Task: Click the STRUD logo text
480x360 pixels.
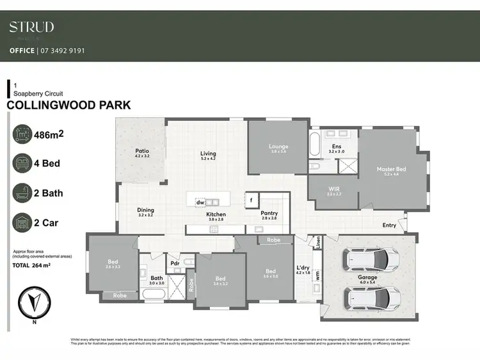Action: (31, 27)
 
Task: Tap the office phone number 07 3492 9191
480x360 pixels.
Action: (62, 51)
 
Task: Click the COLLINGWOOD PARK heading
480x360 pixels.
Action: (68, 106)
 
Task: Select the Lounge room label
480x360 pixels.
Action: (278, 146)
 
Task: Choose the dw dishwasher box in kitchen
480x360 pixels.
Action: (200, 202)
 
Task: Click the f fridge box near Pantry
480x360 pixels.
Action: (252, 200)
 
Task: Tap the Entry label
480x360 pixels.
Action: (389, 225)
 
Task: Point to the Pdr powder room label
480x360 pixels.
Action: (174, 263)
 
